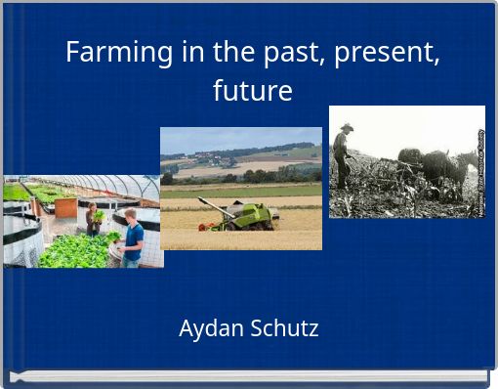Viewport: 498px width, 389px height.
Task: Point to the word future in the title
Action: tap(253, 91)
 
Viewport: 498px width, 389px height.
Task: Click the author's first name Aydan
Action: tap(210, 328)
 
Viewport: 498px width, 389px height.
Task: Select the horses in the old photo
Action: tap(445, 169)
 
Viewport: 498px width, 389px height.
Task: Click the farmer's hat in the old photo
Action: tap(347, 127)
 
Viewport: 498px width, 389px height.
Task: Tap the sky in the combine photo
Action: tap(240, 138)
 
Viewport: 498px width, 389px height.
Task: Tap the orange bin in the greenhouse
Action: tap(65, 206)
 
